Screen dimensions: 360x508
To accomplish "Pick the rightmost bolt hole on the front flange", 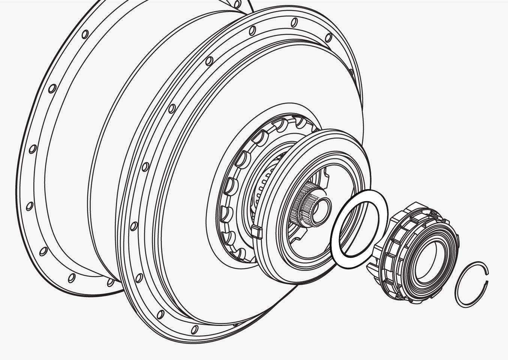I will click(328, 37).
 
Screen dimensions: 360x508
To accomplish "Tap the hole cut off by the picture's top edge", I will click(237, 3).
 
